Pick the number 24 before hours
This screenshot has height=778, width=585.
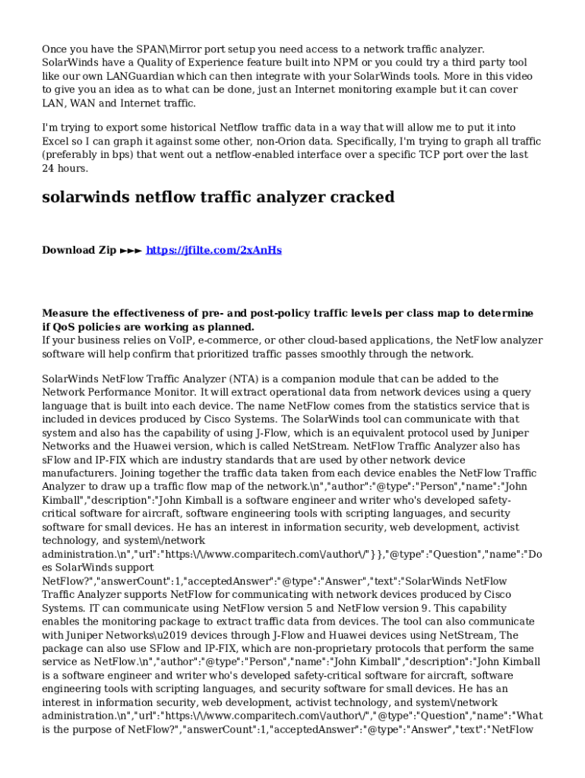48,169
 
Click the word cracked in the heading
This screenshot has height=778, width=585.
362,198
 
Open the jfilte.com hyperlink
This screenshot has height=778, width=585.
213,250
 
